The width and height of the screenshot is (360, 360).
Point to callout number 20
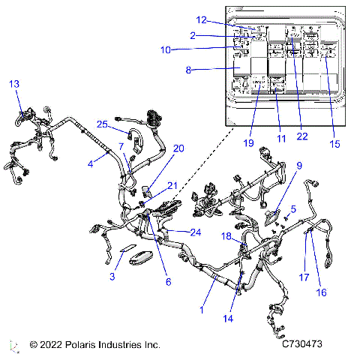click(177, 148)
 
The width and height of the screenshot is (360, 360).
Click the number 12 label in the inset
click(201, 20)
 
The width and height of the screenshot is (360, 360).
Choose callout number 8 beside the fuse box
click(189, 70)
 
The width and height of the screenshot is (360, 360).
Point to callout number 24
click(196, 232)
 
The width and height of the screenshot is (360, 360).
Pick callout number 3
click(112, 277)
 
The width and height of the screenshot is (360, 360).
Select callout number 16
click(322, 293)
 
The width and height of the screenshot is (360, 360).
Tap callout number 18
click(226, 236)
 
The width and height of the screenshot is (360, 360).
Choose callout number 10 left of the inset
click(186, 50)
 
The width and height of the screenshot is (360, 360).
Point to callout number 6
click(168, 282)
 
